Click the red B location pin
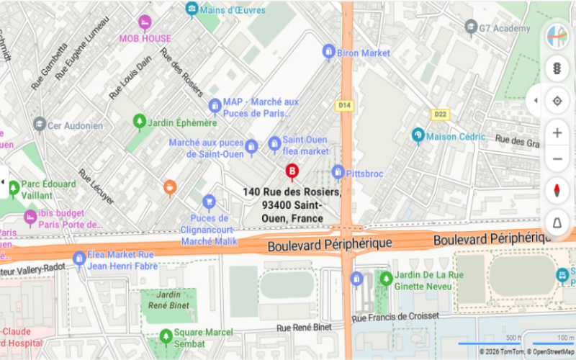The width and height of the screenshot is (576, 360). point(292,171)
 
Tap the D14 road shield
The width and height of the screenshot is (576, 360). point(345,106)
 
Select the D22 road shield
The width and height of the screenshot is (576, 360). point(440,114)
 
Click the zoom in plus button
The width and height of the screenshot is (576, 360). point(557,132)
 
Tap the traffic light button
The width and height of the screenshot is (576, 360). point(557,68)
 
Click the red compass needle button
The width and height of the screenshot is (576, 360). point(557,191)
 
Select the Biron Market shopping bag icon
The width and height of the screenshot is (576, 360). point(329,52)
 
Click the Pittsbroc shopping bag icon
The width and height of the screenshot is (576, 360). point(338,173)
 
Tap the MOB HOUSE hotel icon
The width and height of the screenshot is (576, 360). point(145,22)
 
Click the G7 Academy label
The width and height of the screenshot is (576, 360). point(508,28)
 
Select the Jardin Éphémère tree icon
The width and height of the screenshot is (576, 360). point(139,122)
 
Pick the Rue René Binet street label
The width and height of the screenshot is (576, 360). point(305,328)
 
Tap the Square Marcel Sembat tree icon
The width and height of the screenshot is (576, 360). point(166,336)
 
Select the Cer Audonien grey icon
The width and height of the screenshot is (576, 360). point(40,125)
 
